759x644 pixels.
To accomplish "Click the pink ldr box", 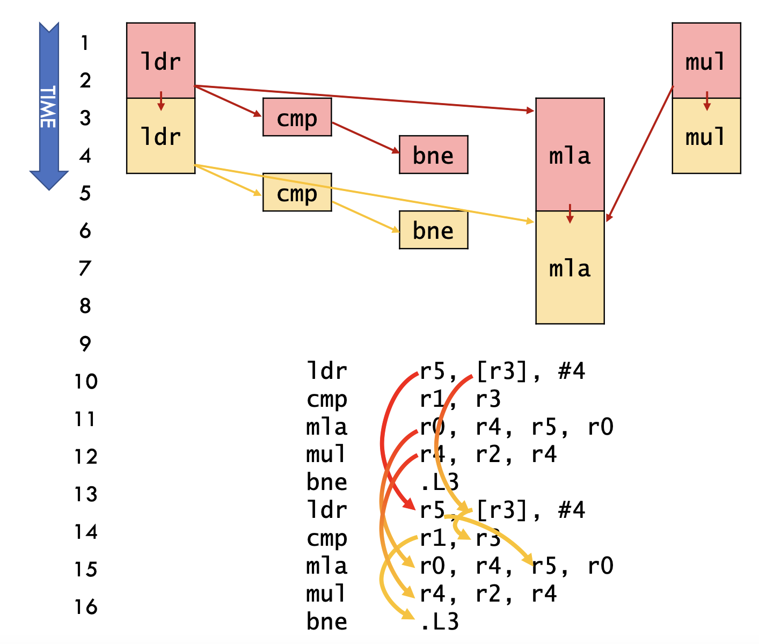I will (160, 60).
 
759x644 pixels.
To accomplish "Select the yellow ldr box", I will (160, 136).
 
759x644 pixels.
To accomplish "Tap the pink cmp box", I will (297, 117).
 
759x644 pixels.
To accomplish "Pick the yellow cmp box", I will (297, 192).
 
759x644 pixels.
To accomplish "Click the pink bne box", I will (433, 155).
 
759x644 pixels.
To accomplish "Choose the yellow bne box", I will (433, 230).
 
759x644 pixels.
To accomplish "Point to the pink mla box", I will (570, 155).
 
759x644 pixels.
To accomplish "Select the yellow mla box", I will (570, 267).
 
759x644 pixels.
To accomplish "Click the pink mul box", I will (706, 60).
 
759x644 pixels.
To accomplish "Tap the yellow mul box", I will (706, 136).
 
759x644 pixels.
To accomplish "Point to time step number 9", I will (85, 343).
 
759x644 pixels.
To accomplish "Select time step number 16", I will (86, 607).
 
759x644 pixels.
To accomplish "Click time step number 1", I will (84, 42).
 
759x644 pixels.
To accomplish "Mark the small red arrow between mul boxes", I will (706, 101).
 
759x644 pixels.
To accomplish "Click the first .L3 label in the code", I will (439, 482).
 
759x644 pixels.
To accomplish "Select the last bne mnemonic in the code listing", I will (326, 621).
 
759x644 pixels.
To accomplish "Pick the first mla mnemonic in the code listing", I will (326, 427).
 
